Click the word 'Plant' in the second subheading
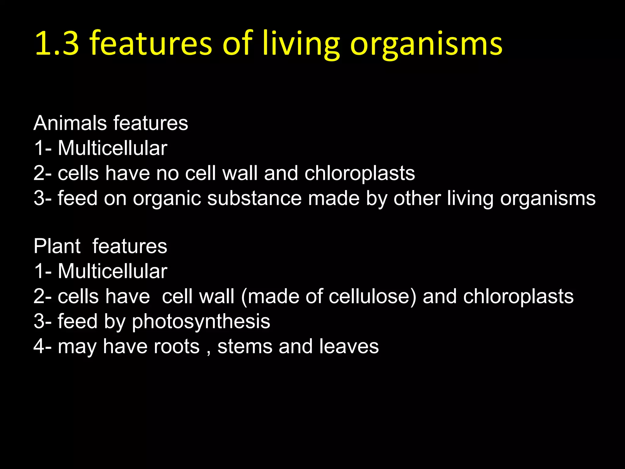coord(57,246)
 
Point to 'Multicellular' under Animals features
coord(112,148)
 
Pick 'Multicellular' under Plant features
coord(112,271)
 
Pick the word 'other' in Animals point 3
coord(417,198)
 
